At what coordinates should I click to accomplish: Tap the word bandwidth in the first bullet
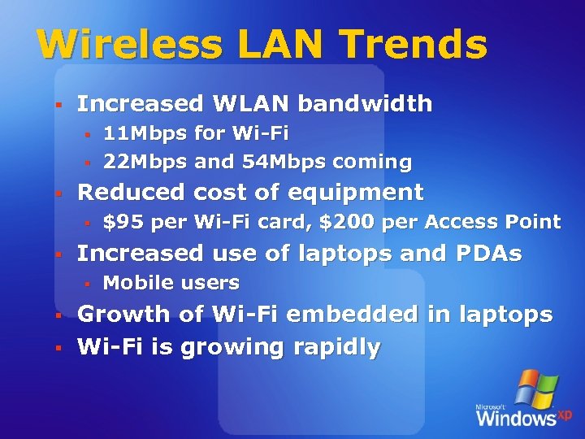365,104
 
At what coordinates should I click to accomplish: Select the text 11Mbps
145,133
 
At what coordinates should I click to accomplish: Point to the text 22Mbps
145,162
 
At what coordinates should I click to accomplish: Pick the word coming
370,162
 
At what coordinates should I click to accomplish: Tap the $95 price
119,222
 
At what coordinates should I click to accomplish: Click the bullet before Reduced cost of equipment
58,193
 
